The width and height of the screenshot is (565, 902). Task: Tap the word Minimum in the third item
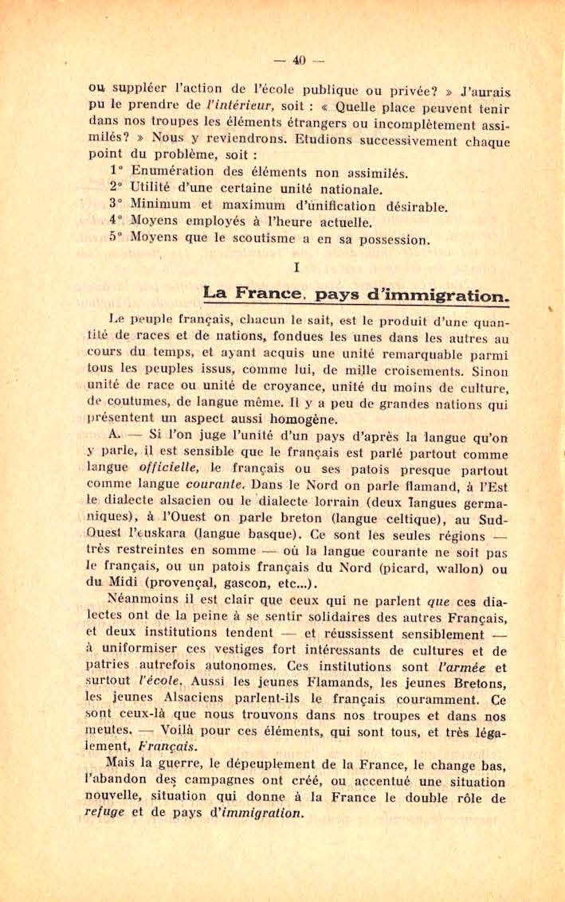coord(159,204)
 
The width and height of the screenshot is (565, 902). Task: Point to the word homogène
coord(295,419)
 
